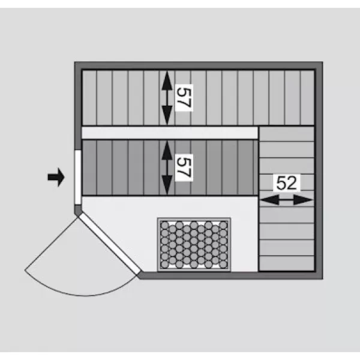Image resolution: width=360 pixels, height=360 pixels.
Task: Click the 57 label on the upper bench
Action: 184,98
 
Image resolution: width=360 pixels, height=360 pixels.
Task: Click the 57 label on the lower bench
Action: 184,167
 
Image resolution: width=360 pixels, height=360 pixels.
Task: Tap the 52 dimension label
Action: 287,183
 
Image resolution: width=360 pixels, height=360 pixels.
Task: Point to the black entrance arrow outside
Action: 56,177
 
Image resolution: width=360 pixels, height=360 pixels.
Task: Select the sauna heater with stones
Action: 194,245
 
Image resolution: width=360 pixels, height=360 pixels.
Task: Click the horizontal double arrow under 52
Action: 287,200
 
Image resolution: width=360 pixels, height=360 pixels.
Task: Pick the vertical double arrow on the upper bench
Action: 167,98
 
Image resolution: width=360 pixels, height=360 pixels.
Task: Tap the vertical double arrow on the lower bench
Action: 167,167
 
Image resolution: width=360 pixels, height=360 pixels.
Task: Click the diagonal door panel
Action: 110,244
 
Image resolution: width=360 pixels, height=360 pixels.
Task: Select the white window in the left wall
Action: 78,178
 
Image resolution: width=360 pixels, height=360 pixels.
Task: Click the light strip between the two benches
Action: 170,133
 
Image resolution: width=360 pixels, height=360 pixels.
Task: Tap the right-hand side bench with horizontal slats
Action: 287,199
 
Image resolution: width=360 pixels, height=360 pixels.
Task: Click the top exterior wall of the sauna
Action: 199,65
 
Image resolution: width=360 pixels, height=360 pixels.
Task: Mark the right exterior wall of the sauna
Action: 319,170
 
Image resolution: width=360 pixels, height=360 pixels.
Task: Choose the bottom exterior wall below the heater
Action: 230,275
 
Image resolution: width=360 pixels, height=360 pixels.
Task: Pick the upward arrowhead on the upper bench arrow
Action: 167,80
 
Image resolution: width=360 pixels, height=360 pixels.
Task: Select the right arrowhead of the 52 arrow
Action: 304,200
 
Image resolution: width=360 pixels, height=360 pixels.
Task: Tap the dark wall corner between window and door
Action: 78,210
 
